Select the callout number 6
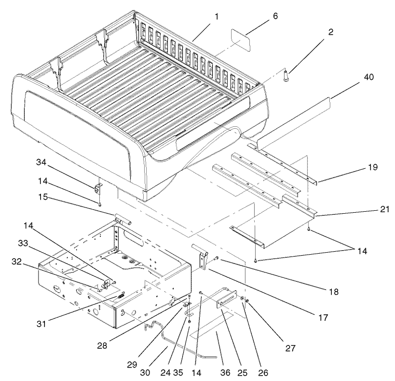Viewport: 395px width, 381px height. point(275,16)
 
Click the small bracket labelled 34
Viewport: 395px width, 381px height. point(98,188)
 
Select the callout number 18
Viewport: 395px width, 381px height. point(334,292)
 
